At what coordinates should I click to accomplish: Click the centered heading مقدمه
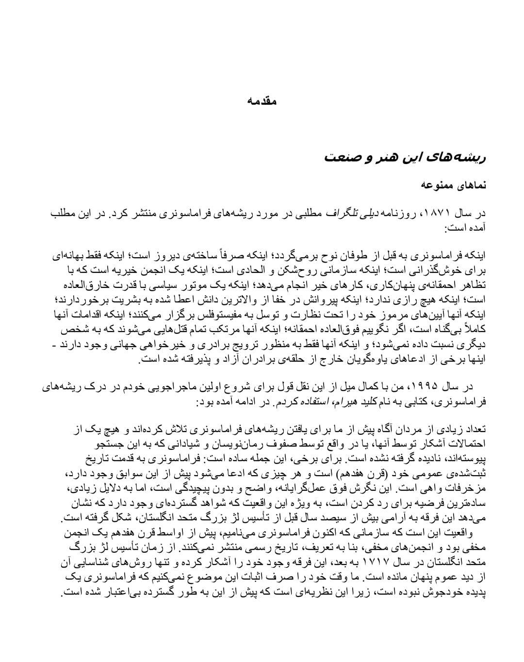(x=262, y=101)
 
